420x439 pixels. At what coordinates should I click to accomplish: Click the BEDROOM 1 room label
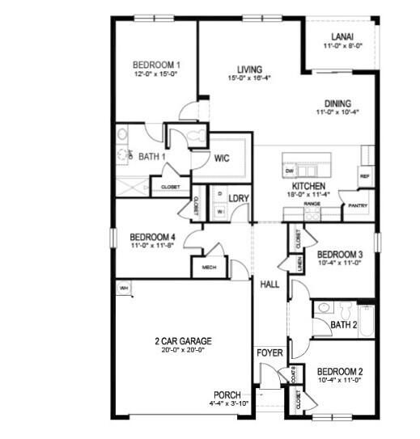[x=156, y=65]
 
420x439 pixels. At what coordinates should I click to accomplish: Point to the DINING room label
[x=338, y=103]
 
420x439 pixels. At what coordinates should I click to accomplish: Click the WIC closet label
[x=224, y=159]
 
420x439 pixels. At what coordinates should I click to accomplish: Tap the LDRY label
[x=238, y=198]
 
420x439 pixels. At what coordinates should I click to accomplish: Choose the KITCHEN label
[x=308, y=185]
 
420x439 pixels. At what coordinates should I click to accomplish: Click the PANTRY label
[x=358, y=206]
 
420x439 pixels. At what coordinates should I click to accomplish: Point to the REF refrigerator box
[x=365, y=175]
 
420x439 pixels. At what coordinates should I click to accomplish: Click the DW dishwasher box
[x=289, y=171]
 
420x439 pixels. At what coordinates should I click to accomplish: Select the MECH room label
[x=208, y=268]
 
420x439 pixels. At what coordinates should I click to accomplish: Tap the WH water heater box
[x=125, y=288]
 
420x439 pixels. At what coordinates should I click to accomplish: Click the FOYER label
[x=269, y=353]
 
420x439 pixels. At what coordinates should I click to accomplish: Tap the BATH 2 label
[x=344, y=325]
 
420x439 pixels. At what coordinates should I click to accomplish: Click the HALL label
[x=269, y=285]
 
